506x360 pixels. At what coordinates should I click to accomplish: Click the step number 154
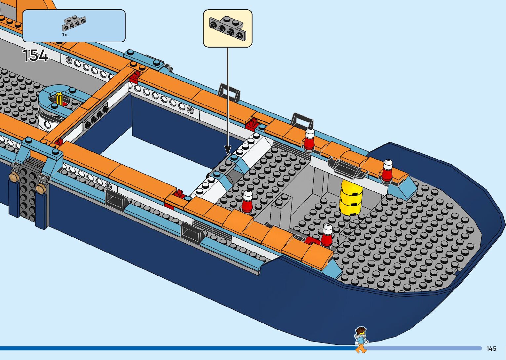click(x=35, y=55)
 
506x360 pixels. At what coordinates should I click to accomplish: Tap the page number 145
click(x=491, y=348)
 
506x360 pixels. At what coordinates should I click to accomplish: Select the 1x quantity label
click(x=64, y=35)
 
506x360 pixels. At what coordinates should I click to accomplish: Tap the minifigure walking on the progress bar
click(x=361, y=339)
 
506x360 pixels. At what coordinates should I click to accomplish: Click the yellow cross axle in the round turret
click(x=59, y=99)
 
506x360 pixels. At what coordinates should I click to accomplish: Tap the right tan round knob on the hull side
click(x=41, y=189)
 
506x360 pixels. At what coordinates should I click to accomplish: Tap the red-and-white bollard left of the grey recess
click(x=247, y=202)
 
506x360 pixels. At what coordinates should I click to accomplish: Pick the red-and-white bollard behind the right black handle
click(x=309, y=140)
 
